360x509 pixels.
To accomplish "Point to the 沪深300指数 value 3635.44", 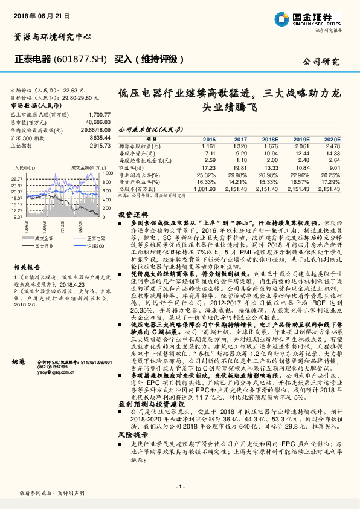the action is (99, 138).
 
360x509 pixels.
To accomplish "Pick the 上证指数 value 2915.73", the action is (99, 146).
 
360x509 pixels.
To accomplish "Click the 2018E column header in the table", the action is (271, 139).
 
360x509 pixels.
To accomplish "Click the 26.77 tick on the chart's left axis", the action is (17, 180).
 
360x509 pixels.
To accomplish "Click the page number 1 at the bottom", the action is (180, 487).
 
